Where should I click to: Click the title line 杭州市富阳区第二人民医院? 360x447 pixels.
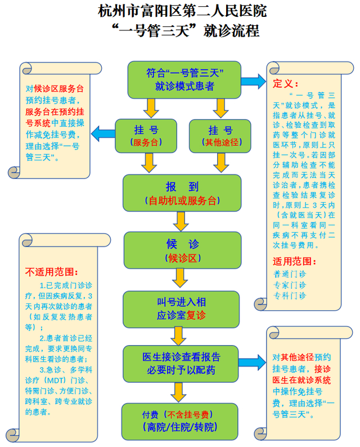click(180, 11)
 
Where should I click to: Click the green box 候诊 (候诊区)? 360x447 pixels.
click(182, 250)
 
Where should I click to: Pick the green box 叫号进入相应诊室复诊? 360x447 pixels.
click(182, 308)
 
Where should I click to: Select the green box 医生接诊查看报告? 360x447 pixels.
click(182, 363)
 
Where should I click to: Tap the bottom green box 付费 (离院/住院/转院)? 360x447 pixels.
click(182, 420)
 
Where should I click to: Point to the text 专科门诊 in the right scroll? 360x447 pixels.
click(290, 295)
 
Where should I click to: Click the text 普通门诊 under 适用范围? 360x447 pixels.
click(290, 274)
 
